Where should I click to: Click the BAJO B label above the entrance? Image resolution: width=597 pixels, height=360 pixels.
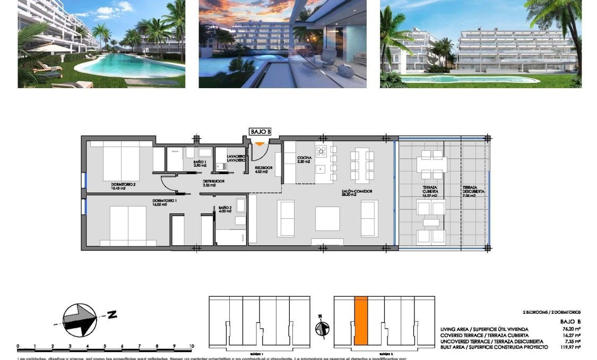tap(260, 132)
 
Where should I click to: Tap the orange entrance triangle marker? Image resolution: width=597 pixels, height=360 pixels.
tap(259, 143)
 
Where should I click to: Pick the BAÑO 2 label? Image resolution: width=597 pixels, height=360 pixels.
tap(224, 209)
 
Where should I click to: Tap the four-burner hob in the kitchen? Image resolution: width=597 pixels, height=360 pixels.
tap(321, 151)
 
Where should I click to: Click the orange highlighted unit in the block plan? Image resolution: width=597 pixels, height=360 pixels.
tap(361, 321)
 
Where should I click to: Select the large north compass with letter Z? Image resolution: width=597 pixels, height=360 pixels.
tap(80, 319)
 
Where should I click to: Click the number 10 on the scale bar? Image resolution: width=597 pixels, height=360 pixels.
tap(191, 346)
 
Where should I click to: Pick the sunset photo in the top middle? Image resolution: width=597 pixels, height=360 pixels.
tap(282, 44)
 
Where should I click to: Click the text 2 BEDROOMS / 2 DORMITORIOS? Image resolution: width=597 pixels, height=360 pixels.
tap(551, 312)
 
